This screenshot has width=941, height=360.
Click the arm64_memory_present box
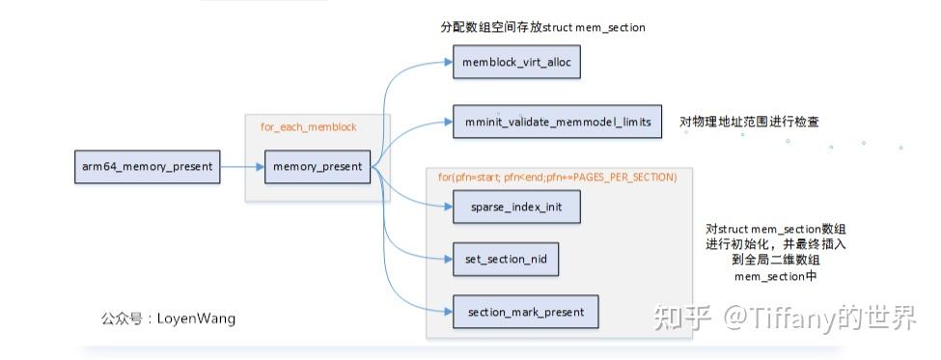[x=147, y=166]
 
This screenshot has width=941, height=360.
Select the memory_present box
[x=317, y=166]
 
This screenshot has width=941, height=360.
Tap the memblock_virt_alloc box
[x=516, y=63]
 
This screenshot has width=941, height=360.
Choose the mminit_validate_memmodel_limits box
[x=557, y=122]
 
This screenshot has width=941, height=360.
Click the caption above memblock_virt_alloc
[x=542, y=28]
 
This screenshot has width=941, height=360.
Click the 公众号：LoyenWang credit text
[x=168, y=318]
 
